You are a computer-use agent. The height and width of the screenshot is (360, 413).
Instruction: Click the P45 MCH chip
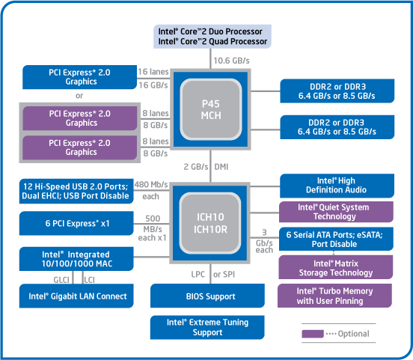211,109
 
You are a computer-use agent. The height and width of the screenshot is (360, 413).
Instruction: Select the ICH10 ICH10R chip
210,223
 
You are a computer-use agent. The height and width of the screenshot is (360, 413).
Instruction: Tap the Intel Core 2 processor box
212,37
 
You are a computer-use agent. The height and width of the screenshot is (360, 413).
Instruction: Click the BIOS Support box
207,296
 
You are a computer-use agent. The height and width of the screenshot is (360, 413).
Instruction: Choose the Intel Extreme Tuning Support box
207,327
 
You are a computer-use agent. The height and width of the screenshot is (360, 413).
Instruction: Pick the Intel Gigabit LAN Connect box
76,296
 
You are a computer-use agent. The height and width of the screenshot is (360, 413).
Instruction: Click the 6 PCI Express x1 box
76,223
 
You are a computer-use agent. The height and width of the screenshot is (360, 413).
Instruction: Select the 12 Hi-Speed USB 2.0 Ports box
76,192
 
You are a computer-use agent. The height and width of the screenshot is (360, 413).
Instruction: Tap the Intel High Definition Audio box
337,186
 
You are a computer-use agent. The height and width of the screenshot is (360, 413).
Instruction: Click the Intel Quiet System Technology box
337,212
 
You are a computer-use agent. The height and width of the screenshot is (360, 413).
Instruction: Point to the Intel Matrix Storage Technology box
336,267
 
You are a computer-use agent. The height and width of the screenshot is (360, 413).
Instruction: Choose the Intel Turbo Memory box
334,296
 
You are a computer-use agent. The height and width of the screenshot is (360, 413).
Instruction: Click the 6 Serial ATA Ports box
336,239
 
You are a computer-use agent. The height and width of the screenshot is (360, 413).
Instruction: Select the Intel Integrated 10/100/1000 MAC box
76,259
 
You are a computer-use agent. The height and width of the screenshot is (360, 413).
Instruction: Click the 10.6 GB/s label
231,61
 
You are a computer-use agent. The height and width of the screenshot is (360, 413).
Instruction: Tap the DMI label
221,167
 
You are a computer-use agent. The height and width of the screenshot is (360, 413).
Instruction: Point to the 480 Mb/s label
151,184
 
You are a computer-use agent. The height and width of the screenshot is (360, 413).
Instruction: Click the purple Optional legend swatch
313,334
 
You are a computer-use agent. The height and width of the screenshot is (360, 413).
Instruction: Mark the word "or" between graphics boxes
79,96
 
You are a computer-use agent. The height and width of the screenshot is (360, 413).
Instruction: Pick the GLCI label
61,280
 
